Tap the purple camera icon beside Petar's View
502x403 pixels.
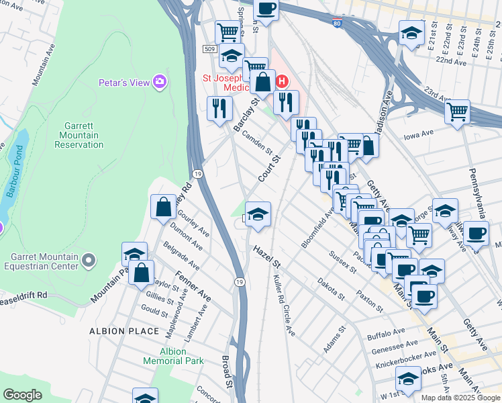tap(160, 83)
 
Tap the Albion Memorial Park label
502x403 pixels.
tap(181, 356)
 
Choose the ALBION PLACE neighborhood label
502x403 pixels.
tap(125, 331)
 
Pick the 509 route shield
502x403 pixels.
tap(211, 49)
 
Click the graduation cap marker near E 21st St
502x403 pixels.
tap(411, 32)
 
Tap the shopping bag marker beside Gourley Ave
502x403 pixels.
tap(163, 207)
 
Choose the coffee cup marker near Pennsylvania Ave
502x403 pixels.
tap(476, 234)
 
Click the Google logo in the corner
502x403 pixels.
tap(23, 395)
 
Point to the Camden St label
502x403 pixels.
tap(258, 141)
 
